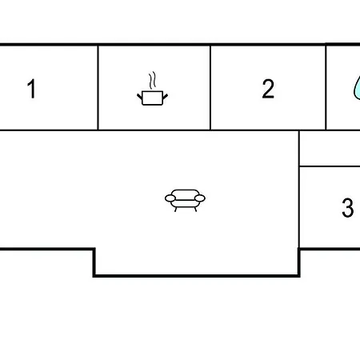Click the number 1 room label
(x=31, y=89)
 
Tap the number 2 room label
(x=268, y=89)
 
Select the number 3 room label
(x=348, y=207)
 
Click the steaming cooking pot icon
(x=152, y=89)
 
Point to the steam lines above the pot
(x=152, y=80)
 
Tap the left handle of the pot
(x=140, y=97)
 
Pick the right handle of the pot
(x=165, y=97)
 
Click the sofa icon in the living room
(x=185, y=201)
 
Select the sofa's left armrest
(x=170, y=198)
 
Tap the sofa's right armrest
(x=200, y=198)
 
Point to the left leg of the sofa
(x=175, y=210)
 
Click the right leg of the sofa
(x=195, y=210)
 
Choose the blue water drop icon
(x=357, y=89)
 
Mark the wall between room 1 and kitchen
(x=98, y=88)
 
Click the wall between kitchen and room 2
(x=210, y=88)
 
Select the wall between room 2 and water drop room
(x=326, y=88)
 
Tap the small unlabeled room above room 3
(x=330, y=149)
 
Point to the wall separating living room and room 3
(x=299, y=190)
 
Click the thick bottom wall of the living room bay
(x=197, y=276)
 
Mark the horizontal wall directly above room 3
(x=330, y=166)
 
